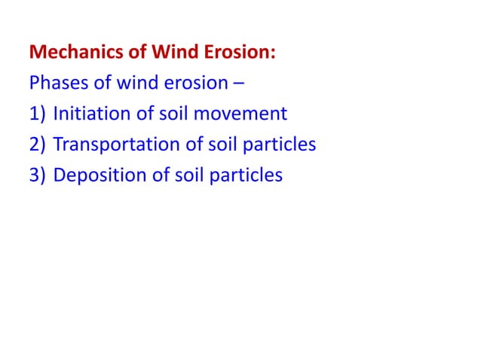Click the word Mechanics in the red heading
(x=70, y=53)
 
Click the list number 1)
(x=38, y=114)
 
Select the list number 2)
(x=38, y=145)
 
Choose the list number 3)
(x=38, y=175)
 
